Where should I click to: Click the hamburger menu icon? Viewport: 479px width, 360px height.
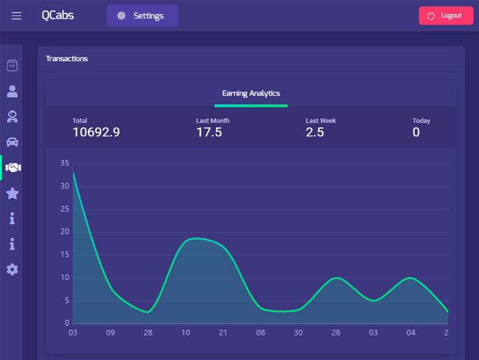(17, 15)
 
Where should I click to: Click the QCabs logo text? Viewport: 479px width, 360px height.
(57, 15)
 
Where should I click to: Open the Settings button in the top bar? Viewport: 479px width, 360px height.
(143, 15)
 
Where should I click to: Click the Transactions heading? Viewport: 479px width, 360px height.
(67, 59)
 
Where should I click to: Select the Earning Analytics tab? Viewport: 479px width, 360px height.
(251, 93)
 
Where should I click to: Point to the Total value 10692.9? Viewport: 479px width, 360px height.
(96, 132)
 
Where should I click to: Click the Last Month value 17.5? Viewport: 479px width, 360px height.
(209, 132)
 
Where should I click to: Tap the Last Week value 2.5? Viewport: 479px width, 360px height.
(315, 132)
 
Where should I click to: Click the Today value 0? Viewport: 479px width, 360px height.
(416, 132)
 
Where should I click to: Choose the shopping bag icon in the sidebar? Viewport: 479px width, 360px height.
(12, 66)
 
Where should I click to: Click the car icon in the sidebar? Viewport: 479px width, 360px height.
(12, 142)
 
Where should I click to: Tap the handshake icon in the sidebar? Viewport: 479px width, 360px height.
(13, 168)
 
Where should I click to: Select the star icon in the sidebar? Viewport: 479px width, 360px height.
(12, 193)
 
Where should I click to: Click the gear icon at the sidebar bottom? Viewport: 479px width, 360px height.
(12, 269)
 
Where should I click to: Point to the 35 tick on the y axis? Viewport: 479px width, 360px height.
(65, 163)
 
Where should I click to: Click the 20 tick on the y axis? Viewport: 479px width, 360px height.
(65, 231)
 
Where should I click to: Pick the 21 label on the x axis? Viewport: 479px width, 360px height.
(223, 333)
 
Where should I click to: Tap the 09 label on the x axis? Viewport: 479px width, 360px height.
(110, 333)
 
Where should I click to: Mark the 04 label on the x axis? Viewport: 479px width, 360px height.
(411, 333)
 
